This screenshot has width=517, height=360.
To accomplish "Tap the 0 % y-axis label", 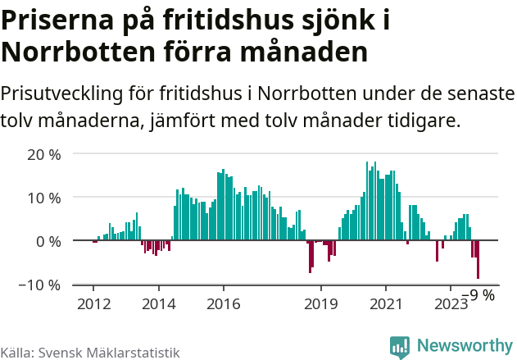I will pyautogui.click(x=48, y=241).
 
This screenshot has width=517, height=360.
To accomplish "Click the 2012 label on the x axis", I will pyautogui.click(x=93, y=303).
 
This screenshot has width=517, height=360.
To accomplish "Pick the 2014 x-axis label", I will pyautogui.click(x=158, y=303).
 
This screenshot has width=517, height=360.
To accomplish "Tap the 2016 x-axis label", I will pyautogui.click(x=223, y=303).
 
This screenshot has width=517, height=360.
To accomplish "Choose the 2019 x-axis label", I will pyautogui.click(x=320, y=303).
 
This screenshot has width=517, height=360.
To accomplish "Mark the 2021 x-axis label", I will pyautogui.click(x=385, y=303).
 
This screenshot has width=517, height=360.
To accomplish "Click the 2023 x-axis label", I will pyautogui.click(x=450, y=303).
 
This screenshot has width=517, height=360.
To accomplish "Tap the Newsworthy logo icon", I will pyautogui.click(x=400, y=347).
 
